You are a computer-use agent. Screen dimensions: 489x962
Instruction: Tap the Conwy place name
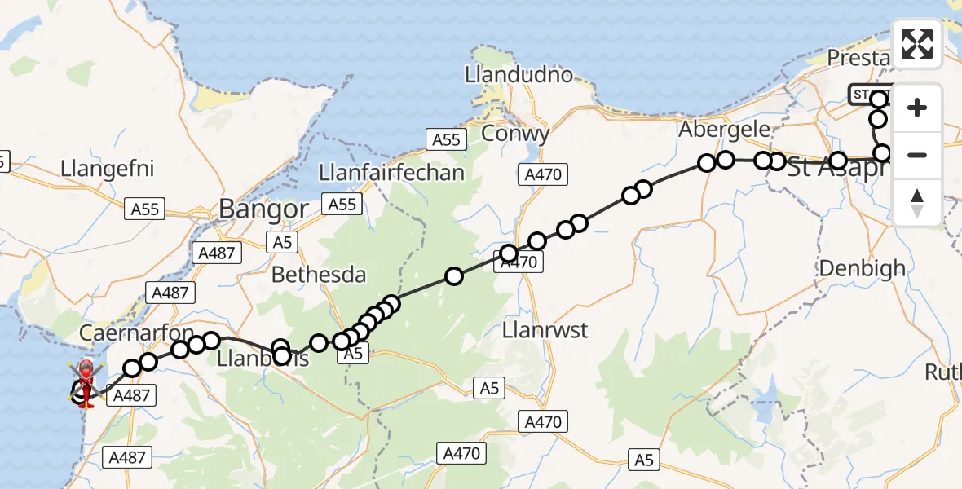515,133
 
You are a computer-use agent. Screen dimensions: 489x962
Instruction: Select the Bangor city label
263,209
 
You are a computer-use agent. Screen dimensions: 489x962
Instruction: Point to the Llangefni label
108,170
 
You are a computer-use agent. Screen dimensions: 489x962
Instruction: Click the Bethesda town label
319,275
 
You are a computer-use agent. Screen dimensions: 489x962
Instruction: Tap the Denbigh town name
862,267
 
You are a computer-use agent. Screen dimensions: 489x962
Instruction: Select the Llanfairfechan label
392,172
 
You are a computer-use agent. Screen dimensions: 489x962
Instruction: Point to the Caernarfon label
137,333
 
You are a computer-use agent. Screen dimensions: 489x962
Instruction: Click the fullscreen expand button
917,44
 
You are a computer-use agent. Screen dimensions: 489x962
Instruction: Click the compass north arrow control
917,203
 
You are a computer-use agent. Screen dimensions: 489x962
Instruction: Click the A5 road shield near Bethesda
281,241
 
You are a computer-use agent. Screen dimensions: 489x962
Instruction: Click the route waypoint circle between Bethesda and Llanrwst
453,276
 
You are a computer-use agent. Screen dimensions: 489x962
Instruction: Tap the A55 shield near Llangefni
145,209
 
